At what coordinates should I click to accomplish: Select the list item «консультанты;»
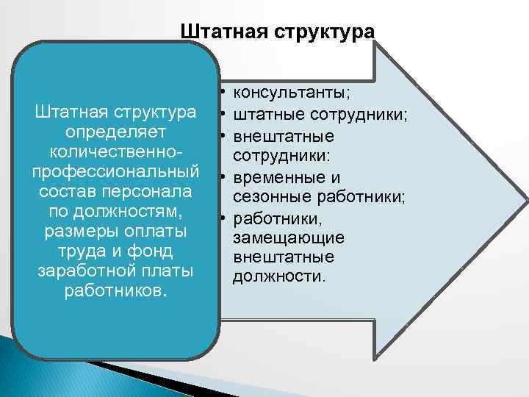click(x=291, y=93)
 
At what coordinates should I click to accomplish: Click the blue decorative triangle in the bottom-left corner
click(x=29, y=368)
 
